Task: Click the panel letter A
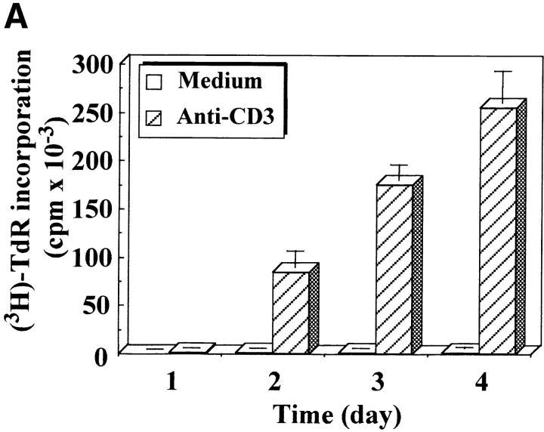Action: click(17, 17)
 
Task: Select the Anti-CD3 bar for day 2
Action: click(291, 312)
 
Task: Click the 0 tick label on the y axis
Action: click(110, 354)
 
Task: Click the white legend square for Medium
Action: click(156, 82)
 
